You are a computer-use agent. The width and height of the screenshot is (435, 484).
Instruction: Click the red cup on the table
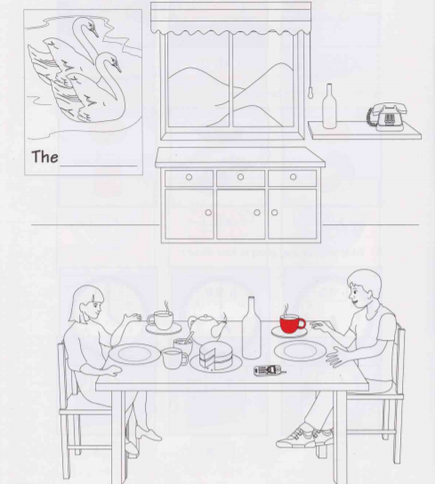pos(292,324)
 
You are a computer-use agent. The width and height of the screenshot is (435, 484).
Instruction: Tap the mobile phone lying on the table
pos(269,370)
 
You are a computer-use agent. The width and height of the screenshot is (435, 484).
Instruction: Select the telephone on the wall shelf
pos(387,117)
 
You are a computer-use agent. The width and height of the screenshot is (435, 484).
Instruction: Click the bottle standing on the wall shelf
pos(329,107)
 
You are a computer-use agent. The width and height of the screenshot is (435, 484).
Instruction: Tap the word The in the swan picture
pos(44,157)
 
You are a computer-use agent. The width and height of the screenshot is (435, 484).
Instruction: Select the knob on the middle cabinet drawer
pos(240,177)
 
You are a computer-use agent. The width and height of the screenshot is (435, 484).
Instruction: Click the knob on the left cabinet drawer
pos(189,177)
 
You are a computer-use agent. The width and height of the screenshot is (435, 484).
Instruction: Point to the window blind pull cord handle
pos(310,93)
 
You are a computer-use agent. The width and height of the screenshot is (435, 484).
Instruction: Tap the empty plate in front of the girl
pos(135,353)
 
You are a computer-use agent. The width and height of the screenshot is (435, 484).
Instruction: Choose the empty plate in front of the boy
pos(300,351)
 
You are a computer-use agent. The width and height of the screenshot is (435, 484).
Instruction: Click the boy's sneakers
pos(305,435)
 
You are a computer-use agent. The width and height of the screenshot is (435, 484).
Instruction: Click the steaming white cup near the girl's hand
pos(160,320)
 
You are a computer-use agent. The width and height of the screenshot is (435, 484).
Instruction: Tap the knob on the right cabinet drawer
pos(293,177)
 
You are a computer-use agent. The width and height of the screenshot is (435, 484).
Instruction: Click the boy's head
pos(364,288)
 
